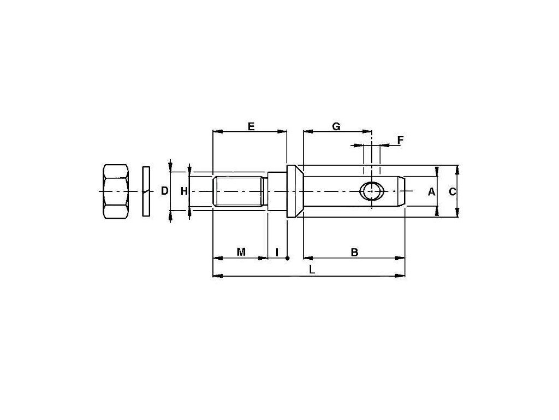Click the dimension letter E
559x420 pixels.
[251, 126]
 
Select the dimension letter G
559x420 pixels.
[336, 126]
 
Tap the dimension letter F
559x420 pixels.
[400, 141]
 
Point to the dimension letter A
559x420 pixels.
[431, 192]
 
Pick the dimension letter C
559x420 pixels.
[452, 192]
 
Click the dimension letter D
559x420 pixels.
[164, 191]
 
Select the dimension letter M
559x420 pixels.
[241, 252]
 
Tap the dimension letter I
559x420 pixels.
[277, 252]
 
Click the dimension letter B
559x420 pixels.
[354, 252]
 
